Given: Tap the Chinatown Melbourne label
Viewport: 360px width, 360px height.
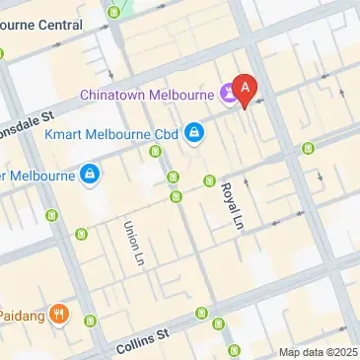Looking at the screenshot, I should click(148, 95).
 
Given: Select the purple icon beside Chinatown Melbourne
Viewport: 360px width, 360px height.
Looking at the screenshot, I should click(230, 95).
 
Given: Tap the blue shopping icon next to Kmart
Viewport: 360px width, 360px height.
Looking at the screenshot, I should click(194, 131).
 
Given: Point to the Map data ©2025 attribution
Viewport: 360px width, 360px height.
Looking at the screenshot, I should click(318, 352).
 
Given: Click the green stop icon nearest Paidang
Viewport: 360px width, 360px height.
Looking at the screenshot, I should click(92, 321).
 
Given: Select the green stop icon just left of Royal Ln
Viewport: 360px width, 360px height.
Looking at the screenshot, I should click(209, 180).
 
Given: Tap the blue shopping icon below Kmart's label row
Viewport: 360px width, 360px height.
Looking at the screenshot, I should click(90, 175).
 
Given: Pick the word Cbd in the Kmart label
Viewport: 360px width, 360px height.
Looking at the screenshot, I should click(164, 131).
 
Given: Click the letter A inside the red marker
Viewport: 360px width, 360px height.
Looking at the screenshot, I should click(246, 86).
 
